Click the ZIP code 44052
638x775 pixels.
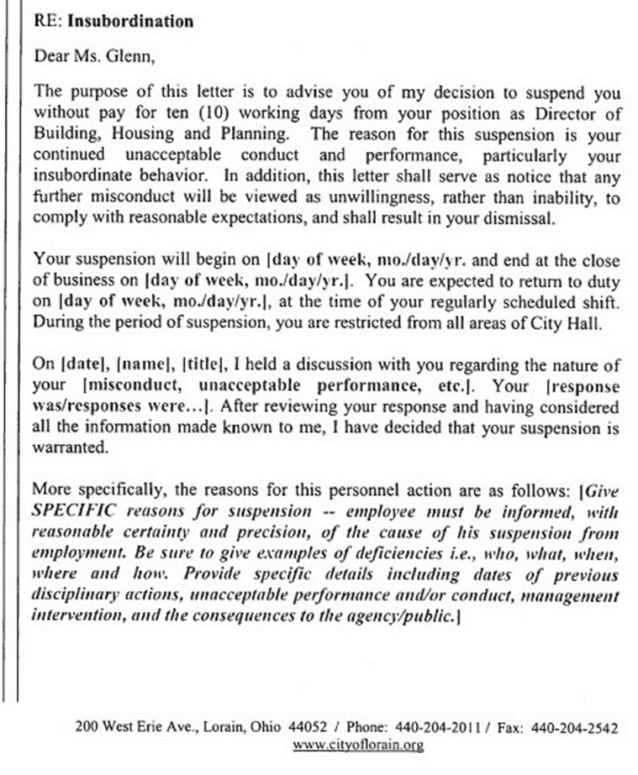(285, 728)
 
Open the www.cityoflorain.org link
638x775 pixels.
(358, 745)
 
